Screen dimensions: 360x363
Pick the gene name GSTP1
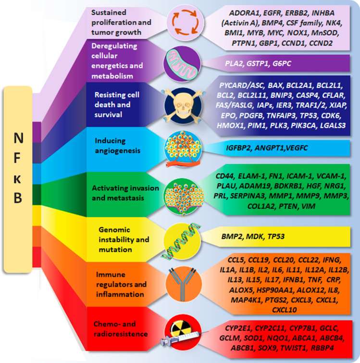tap(258, 62)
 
